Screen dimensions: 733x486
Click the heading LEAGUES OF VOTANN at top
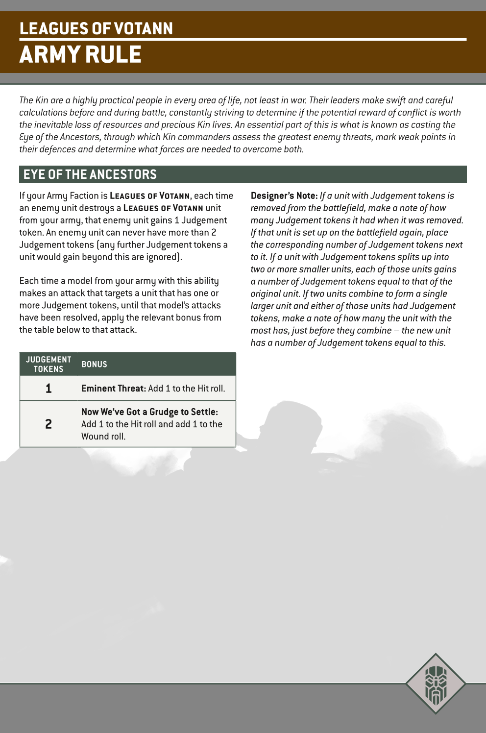click(x=96, y=28)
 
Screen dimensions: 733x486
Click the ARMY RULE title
click(x=80, y=54)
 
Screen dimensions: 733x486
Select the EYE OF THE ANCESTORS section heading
click(x=90, y=174)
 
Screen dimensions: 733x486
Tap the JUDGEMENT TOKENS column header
click(x=49, y=364)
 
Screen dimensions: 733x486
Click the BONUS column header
click(x=94, y=364)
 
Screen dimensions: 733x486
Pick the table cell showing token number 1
click(x=49, y=389)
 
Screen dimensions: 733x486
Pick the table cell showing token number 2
click(x=49, y=424)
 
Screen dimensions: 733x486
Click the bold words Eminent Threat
click(x=113, y=389)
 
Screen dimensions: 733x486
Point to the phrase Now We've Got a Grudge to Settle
click(x=149, y=412)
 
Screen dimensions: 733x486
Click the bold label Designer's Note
click(x=284, y=195)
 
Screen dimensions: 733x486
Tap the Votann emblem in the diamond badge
click(x=436, y=683)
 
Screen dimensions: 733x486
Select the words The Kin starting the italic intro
click(x=34, y=100)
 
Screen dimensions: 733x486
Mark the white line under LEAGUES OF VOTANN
click(x=243, y=39)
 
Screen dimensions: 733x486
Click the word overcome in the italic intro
click(x=263, y=149)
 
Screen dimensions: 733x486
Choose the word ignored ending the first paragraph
click(x=161, y=257)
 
